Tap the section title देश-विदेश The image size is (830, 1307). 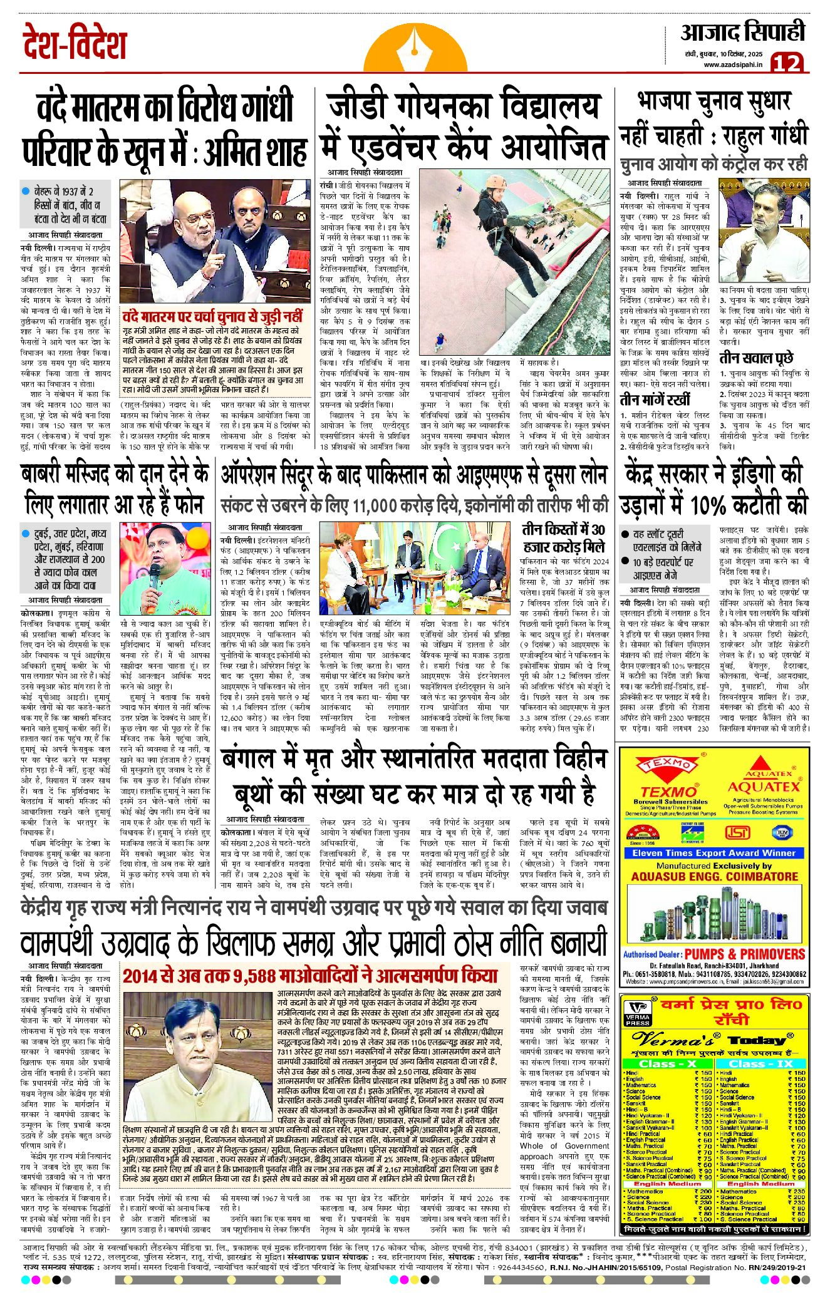[75, 43]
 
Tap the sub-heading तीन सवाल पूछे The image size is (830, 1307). [756, 358]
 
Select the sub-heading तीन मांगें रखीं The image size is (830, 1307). [655, 400]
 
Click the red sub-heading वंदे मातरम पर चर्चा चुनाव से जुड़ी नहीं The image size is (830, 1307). [212, 316]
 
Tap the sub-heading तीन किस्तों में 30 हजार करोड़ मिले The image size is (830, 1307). [564, 537]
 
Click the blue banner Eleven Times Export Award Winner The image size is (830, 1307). [713, 852]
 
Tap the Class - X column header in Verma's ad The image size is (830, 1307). [668, 1063]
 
